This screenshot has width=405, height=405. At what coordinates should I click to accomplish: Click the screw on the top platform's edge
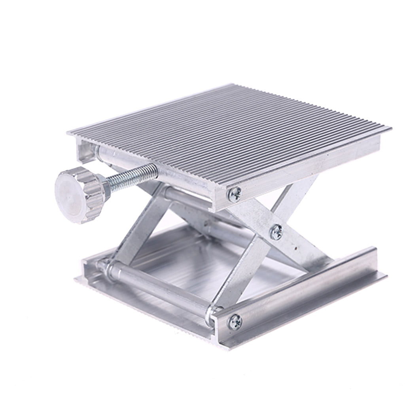pyautogui.click(x=234, y=193)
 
